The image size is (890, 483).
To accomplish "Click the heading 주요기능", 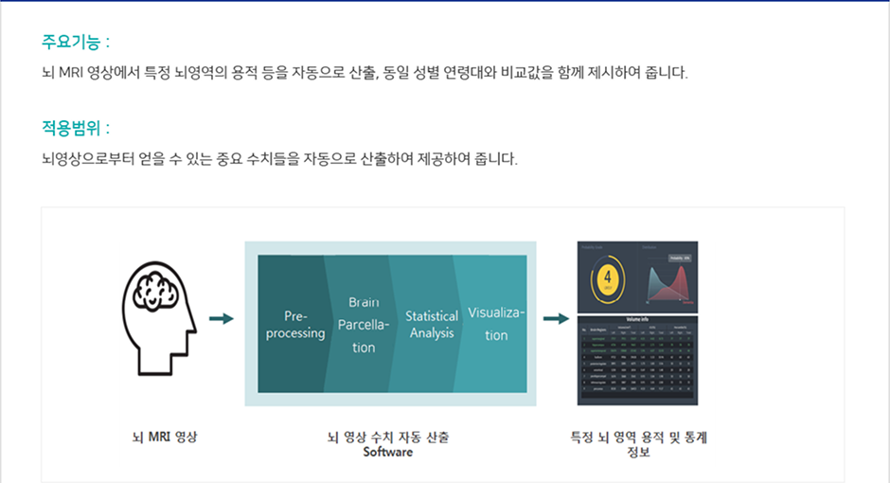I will click(x=76, y=43).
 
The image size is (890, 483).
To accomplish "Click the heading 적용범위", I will click(x=76, y=128).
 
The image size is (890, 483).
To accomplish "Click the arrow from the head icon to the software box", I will click(x=221, y=319).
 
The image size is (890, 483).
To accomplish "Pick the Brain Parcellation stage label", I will click(x=364, y=325).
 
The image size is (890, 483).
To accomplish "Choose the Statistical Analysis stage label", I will click(x=432, y=324).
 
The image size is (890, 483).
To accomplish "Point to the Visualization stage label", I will click(x=496, y=324).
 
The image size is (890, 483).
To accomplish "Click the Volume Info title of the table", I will click(x=637, y=319).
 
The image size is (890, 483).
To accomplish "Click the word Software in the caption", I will click(x=388, y=452).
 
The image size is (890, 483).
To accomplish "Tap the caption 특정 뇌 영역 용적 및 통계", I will click(x=638, y=438).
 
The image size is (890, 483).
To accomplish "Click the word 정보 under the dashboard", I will click(x=638, y=452).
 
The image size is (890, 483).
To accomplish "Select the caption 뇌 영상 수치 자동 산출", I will click(x=388, y=438).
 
